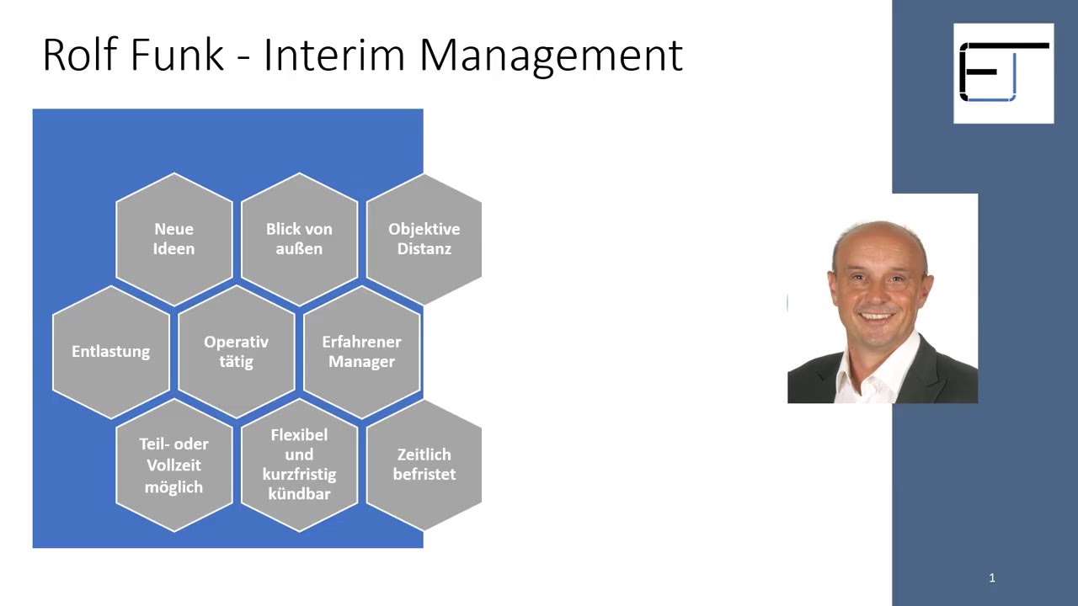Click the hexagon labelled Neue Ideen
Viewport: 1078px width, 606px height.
click(x=173, y=239)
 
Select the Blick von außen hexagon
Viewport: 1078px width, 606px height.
click(x=299, y=239)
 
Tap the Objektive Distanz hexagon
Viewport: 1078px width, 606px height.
click(x=424, y=239)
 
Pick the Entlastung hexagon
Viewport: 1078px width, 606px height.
click(x=110, y=352)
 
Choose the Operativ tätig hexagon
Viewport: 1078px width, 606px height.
click(x=236, y=352)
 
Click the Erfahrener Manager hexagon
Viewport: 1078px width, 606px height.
click(x=361, y=352)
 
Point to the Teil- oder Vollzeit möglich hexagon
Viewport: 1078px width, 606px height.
click(x=173, y=465)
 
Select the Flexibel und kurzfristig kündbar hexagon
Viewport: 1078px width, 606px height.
click(x=299, y=465)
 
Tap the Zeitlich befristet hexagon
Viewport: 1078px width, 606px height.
click(x=424, y=465)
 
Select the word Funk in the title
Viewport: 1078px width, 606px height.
click(x=178, y=56)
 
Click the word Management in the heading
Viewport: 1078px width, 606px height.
click(x=550, y=56)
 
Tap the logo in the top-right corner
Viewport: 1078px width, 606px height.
click(x=1003, y=73)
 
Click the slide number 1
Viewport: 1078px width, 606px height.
click(x=992, y=577)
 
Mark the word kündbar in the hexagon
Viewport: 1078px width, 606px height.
click(x=299, y=494)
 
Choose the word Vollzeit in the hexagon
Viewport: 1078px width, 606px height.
click(x=173, y=465)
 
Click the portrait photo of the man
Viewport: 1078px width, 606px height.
click(x=882, y=299)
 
